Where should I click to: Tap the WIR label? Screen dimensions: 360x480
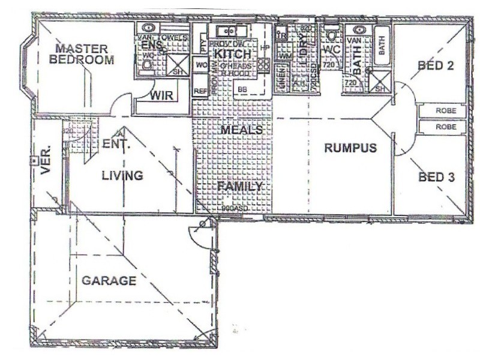click(161, 96)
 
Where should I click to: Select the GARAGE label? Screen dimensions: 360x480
click(109, 280)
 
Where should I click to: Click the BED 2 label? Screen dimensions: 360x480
click(435, 65)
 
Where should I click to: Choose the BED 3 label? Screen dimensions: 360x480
click(436, 177)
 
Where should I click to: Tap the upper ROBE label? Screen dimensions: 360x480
click(445, 111)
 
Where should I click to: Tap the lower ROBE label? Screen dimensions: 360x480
click(445, 127)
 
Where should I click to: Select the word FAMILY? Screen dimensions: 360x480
click(240, 187)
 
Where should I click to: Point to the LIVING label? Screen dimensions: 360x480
click(122, 176)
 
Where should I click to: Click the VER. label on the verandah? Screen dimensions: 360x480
click(46, 159)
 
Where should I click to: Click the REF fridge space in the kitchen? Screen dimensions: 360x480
click(200, 91)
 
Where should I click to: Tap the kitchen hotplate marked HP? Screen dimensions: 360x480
click(266, 46)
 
